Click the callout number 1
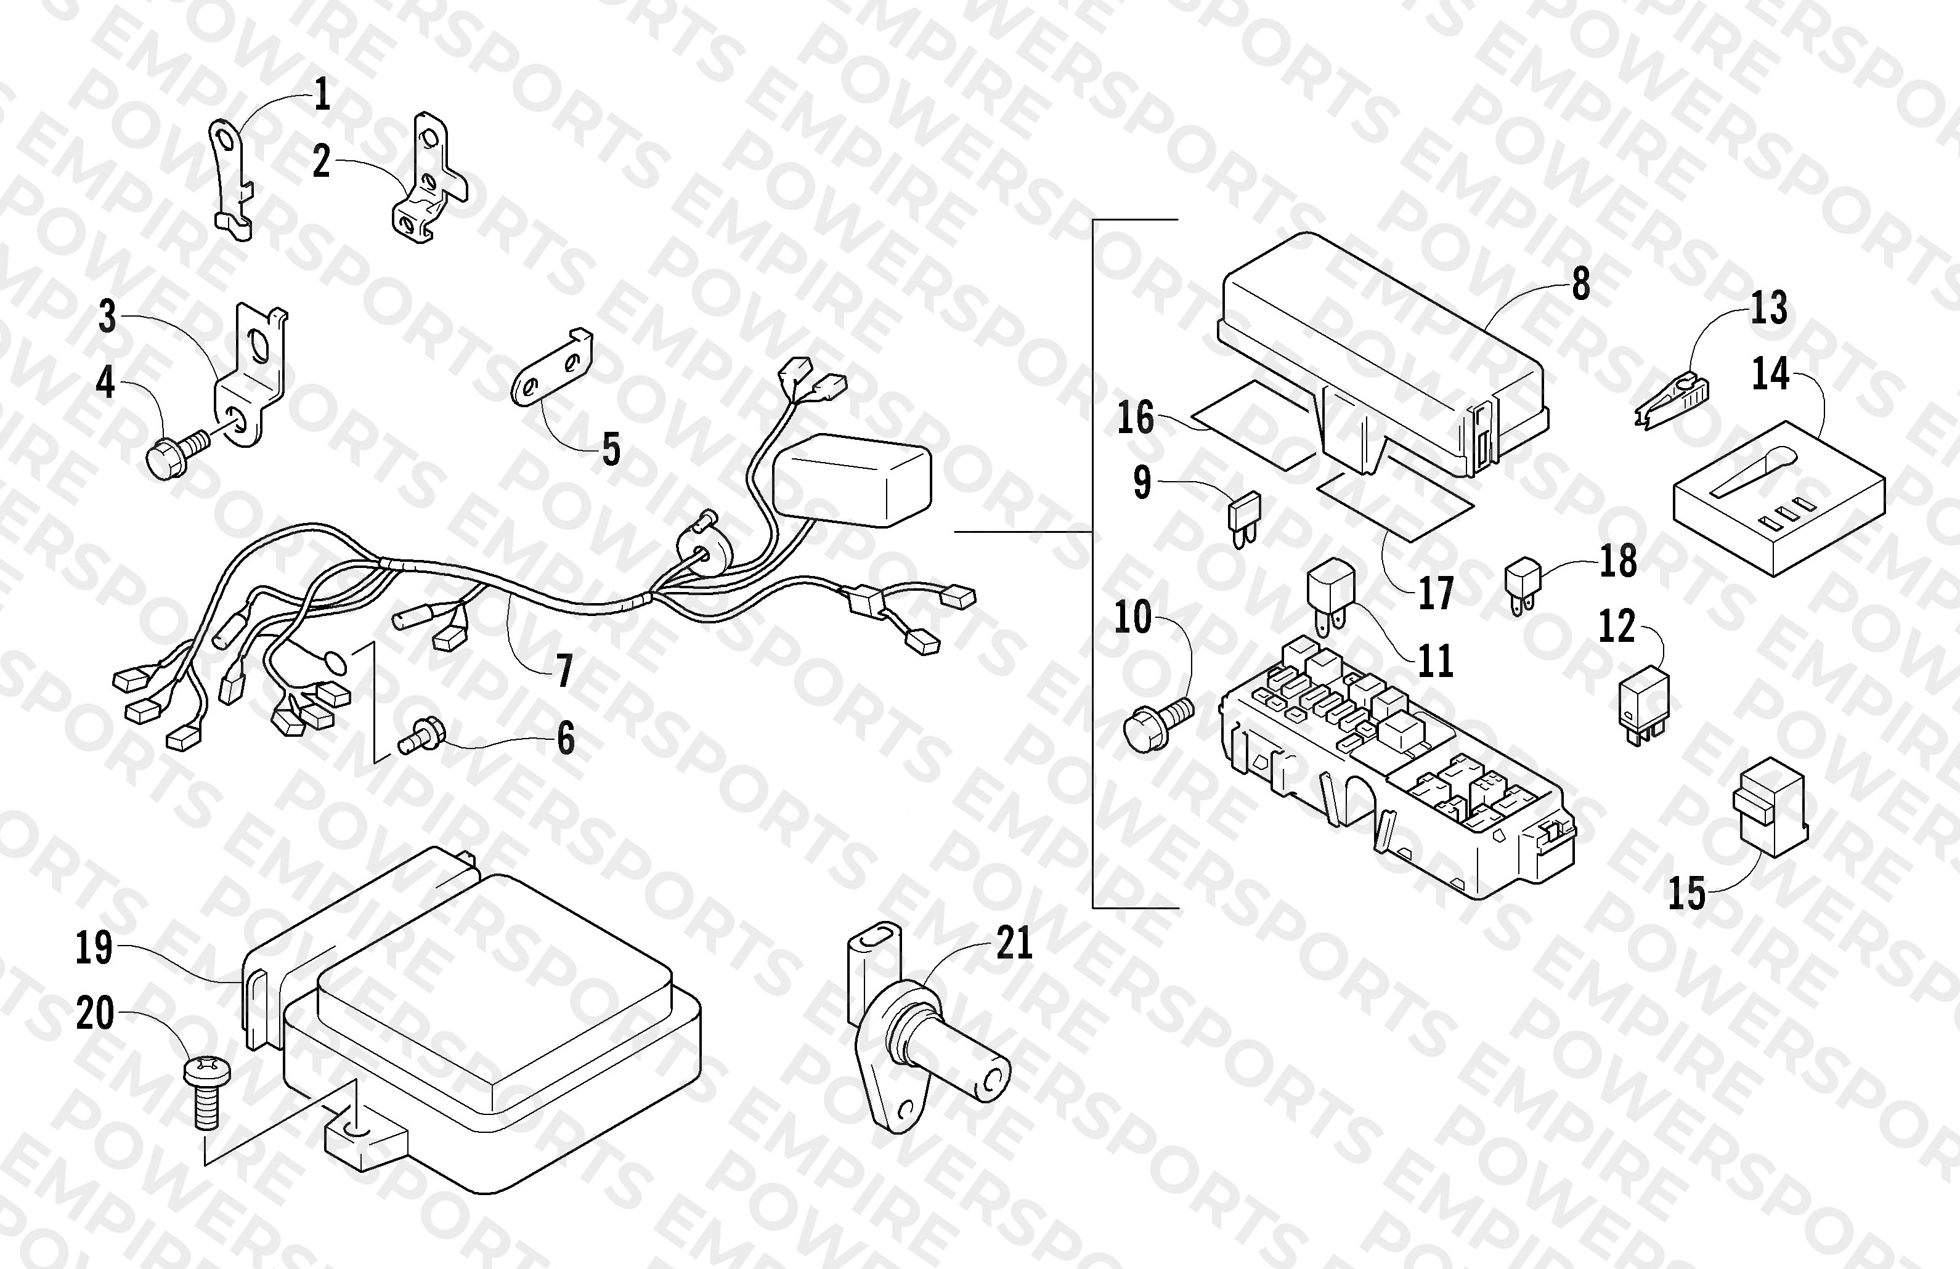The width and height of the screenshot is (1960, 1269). pyautogui.click(x=323, y=95)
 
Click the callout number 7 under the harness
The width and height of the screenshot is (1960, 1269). pyautogui.click(x=564, y=671)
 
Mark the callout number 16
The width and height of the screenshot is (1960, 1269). pyautogui.click(x=1136, y=418)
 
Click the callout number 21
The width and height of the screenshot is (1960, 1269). pyautogui.click(x=1015, y=944)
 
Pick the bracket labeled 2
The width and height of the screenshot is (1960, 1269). pyautogui.click(x=426, y=179)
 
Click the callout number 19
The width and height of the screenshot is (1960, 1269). pyautogui.click(x=95, y=948)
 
